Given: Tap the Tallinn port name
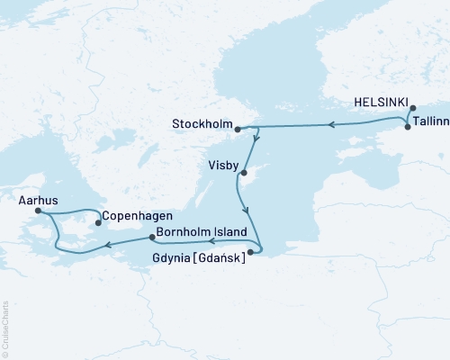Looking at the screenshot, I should pos(428,128).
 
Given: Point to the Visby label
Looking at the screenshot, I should pos(223,166).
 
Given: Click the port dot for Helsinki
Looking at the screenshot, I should pos(413,109).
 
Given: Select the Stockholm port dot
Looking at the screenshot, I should pos(237,130).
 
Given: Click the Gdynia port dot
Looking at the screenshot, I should pos(250,253).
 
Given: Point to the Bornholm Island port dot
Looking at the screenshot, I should pos(150,238).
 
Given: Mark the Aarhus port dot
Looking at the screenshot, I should pos(39,211).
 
